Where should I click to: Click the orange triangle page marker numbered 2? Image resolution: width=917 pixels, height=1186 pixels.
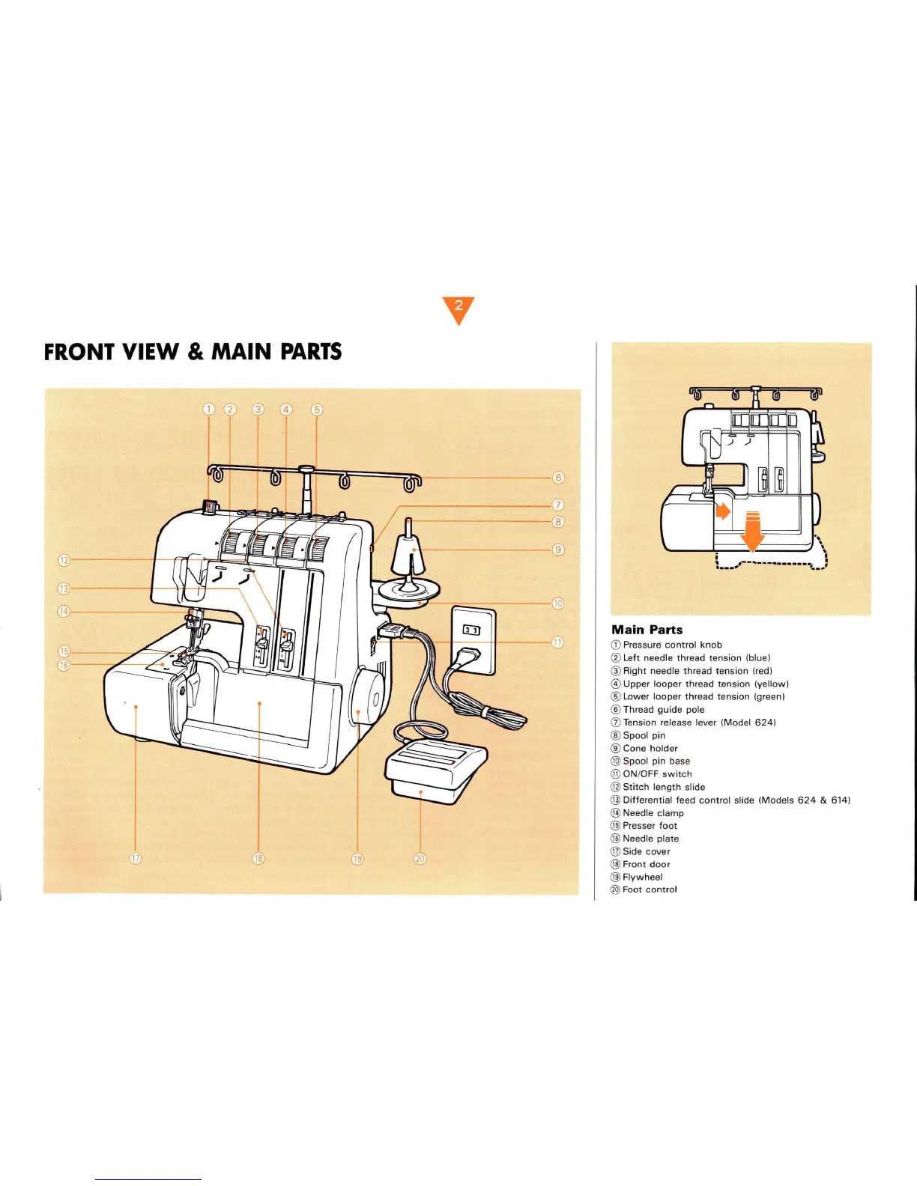coord(458,308)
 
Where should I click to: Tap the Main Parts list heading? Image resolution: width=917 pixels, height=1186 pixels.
coord(647,630)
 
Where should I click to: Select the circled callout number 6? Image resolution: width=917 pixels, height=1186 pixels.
coord(558,478)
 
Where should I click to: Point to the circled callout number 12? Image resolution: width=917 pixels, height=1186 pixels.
coord(64,560)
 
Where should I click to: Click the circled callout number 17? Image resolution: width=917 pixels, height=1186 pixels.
coord(136,858)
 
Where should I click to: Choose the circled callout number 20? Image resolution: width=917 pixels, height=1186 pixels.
coord(420,858)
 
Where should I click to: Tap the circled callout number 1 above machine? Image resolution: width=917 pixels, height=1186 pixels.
coord(209,409)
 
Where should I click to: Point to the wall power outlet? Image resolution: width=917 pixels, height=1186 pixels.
coord(473,640)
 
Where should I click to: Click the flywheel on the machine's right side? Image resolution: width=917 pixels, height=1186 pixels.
coord(366,699)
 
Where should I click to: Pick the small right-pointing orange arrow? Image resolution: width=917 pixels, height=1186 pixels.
coord(722,511)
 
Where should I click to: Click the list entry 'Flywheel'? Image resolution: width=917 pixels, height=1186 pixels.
coord(642,877)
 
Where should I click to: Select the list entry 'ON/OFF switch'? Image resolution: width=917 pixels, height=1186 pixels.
coord(657,774)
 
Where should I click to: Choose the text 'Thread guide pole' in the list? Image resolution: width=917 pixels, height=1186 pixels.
coord(663,710)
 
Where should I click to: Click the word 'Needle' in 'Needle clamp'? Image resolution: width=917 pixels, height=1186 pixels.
coord(638,813)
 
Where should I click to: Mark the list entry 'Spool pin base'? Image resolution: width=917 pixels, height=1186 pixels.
coord(656,761)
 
